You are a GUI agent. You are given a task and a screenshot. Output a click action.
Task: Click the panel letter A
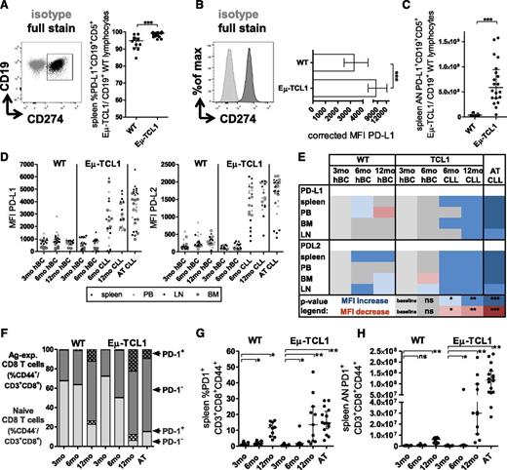(8, 8)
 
